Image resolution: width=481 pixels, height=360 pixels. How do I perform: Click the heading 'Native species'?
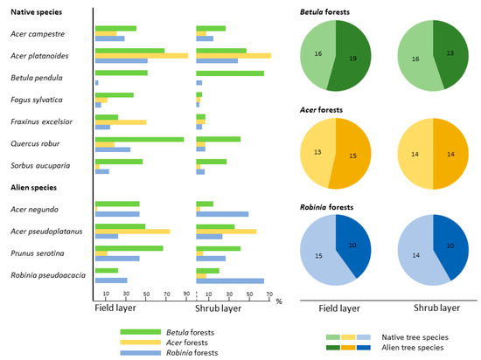pos(35,10)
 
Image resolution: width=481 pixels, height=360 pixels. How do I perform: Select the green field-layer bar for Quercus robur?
pos(139,138)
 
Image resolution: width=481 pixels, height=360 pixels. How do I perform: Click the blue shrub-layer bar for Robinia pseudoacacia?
pos(230,280)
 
